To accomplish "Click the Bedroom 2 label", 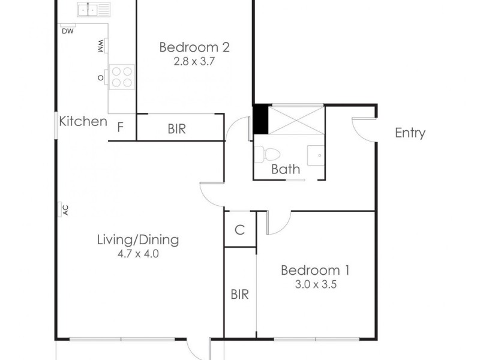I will tap(194, 47).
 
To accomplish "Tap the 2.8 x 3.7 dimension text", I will tap(194, 61).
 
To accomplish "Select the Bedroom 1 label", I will tap(315, 270).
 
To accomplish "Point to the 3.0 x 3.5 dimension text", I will tap(315, 284).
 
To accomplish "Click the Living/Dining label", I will tap(138, 240).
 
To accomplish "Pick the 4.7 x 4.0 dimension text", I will tap(138, 254).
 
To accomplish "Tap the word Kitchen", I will tap(83, 122).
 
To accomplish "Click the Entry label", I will tap(410, 133).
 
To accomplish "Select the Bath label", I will tap(286, 169).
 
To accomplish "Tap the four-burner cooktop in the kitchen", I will tap(122, 76).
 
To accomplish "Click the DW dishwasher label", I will tap(67, 32).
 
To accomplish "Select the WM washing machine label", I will tap(100, 46).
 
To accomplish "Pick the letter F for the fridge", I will tap(121, 127).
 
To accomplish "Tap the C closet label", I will tap(239, 229).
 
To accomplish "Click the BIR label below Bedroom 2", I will tap(176, 127).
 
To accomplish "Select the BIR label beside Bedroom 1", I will tap(240, 295).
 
